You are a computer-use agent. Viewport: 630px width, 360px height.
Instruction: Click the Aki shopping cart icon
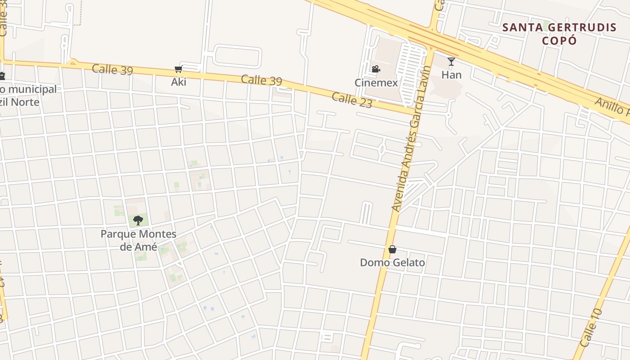[179, 69]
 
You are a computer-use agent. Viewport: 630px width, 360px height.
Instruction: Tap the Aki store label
[179, 82]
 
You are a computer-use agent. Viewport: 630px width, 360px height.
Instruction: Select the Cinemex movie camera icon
[376, 69]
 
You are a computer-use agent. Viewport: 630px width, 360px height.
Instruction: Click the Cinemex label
[376, 83]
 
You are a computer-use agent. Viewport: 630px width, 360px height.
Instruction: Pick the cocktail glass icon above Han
[451, 62]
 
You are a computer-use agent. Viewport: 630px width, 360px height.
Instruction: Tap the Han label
[451, 75]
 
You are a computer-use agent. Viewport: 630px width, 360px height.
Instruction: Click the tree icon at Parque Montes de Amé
[138, 220]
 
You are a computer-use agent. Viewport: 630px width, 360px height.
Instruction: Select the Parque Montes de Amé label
[138, 240]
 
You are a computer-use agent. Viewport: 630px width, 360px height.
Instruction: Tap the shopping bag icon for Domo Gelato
[392, 249]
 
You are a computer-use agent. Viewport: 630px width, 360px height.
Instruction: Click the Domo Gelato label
[392, 262]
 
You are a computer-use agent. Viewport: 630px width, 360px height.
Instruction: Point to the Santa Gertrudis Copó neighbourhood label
[559, 34]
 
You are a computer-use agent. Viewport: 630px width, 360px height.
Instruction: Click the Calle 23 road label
[352, 100]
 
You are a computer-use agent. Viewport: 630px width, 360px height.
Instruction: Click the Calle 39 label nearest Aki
[112, 70]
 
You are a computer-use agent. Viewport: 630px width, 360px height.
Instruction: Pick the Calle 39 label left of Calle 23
[261, 80]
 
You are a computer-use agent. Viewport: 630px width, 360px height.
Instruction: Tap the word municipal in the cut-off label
[32, 89]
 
